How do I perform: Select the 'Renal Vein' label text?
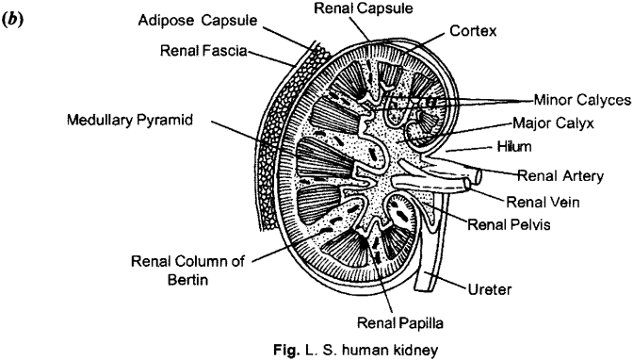click(x=544, y=200)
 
